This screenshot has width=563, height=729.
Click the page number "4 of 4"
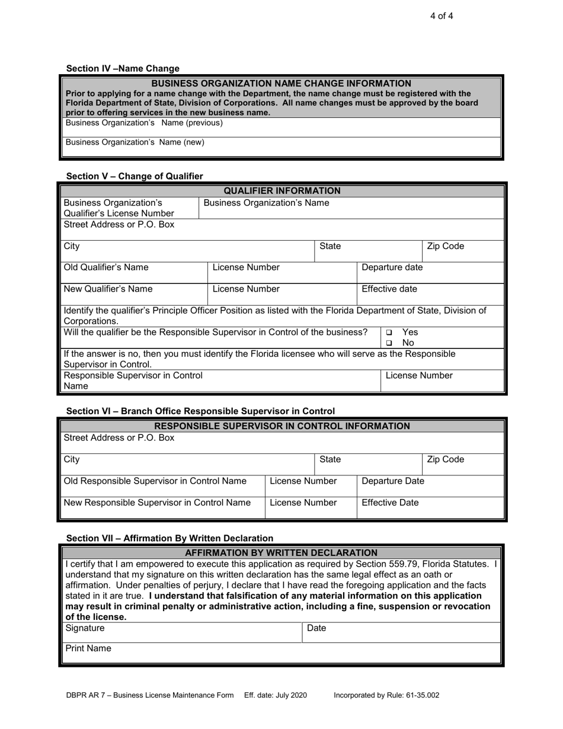442,16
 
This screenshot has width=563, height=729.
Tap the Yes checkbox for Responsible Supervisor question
389,333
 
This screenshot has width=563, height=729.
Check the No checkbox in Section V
389,343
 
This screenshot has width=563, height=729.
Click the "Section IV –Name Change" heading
123,69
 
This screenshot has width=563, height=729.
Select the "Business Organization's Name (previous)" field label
144,123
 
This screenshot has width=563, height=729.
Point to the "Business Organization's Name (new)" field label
135,142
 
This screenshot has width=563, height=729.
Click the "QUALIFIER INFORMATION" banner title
281,191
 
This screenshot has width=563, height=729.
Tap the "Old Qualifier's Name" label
106,267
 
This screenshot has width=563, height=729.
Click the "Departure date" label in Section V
392,267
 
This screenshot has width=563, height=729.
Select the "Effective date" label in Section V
389,289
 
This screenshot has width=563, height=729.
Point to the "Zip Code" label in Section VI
446,459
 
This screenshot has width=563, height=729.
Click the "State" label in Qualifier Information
330,246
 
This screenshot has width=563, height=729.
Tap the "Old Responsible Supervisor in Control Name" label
155,481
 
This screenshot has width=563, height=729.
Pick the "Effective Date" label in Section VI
390,503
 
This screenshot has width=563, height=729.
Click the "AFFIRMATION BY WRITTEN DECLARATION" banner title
281,553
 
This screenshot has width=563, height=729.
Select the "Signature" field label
85,628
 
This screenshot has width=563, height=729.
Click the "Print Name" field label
88,648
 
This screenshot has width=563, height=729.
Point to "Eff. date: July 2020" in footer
276,696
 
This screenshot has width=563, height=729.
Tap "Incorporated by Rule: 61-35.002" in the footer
387,696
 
